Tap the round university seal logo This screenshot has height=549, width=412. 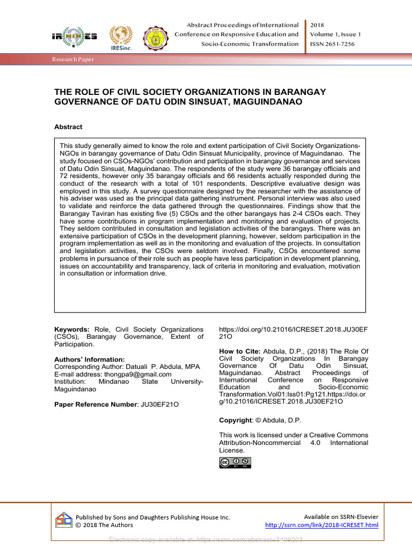(155, 38)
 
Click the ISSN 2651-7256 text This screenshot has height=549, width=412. (332, 44)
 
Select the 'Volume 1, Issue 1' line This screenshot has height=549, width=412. (335, 34)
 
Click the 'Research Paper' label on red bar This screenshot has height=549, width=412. (73, 60)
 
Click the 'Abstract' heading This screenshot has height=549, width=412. (68, 127)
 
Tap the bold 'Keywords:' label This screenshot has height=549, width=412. (72, 329)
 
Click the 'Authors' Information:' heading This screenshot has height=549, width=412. (90, 359)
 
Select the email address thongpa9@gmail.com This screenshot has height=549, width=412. (138, 374)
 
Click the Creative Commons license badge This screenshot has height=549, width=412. (234, 462)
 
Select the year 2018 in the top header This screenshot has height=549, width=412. (317, 25)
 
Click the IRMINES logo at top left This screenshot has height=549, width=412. (74, 37)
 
